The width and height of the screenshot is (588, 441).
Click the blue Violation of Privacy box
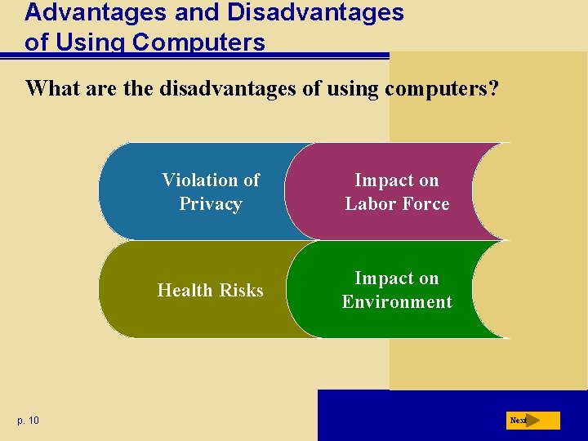[x=196, y=192]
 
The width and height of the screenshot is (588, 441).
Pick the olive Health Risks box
[x=196, y=290]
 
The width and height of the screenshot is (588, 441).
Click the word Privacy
[x=211, y=204]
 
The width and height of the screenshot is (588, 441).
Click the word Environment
[x=397, y=302]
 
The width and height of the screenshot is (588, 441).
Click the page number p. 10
[x=27, y=421]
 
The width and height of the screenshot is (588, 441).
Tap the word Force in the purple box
[x=427, y=204]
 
